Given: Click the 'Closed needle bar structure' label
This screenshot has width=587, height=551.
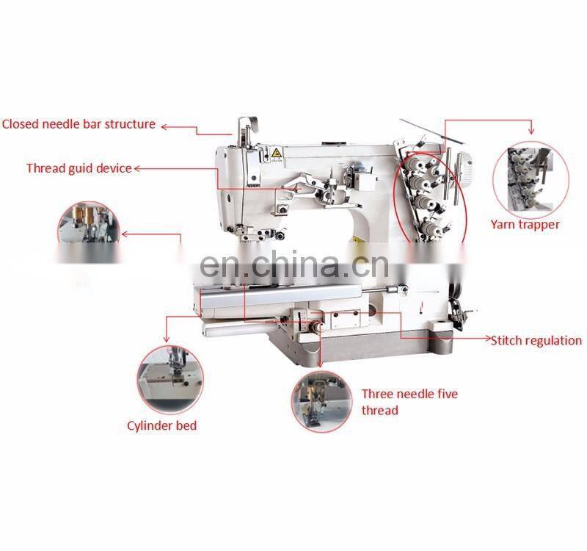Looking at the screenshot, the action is (79, 124).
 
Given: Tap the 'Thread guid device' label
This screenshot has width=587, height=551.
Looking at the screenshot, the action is (79, 168).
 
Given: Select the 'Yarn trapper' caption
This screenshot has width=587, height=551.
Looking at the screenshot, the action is (525, 224).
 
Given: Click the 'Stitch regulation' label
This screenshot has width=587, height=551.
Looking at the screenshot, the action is (536, 340).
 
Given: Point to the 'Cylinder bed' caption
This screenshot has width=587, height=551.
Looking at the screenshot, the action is (161, 425).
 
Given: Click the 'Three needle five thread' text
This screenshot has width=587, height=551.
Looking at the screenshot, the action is (409, 402).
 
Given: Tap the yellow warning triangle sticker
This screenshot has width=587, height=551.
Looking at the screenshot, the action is (277, 154).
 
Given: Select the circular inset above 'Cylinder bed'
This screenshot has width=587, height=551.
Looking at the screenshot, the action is (170, 380).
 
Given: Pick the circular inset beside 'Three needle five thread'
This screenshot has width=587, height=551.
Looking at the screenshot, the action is (321, 402).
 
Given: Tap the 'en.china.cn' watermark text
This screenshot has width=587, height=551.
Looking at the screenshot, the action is (294, 264).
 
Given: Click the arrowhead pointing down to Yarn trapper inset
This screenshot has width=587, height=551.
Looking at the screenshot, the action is (531, 131).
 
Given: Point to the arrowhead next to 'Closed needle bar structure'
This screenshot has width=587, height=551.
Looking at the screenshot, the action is (164, 127).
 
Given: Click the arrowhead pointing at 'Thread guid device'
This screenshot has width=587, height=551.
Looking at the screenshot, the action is (137, 169).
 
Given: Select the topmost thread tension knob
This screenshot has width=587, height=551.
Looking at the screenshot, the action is (415, 163).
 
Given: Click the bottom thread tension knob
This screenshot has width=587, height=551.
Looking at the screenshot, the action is (430, 228).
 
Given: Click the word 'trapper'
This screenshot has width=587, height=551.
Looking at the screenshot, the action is (539, 225).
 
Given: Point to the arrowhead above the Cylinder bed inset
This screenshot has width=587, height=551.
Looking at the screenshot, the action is (167, 339).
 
